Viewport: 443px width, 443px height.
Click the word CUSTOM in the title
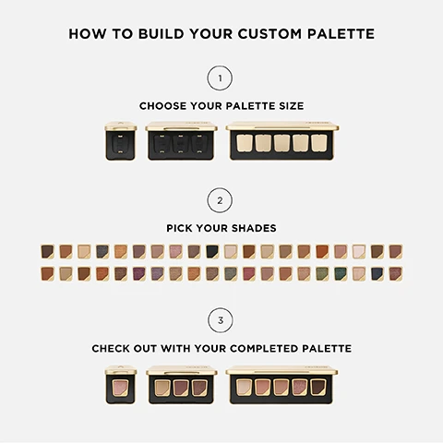(x=269, y=34)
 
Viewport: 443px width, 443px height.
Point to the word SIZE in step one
(x=292, y=106)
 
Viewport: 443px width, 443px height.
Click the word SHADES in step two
(x=254, y=228)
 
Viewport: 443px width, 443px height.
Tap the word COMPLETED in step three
(x=264, y=349)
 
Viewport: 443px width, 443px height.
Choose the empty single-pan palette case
(x=121, y=141)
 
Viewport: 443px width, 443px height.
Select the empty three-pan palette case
(x=181, y=141)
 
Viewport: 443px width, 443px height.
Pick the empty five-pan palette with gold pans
(x=281, y=141)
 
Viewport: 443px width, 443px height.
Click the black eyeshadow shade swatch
(x=212, y=252)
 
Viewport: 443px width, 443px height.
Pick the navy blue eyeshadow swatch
(x=377, y=274)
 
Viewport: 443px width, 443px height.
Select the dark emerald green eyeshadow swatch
(x=341, y=274)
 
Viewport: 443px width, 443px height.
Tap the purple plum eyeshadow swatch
(x=139, y=274)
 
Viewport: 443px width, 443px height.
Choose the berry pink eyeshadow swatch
(x=249, y=274)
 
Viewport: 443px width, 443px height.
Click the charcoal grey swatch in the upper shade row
(x=102, y=252)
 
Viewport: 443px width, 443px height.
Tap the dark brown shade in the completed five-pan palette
(x=318, y=388)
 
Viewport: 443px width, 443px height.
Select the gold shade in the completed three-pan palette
(x=162, y=388)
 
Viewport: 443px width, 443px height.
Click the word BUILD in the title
(x=161, y=34)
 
